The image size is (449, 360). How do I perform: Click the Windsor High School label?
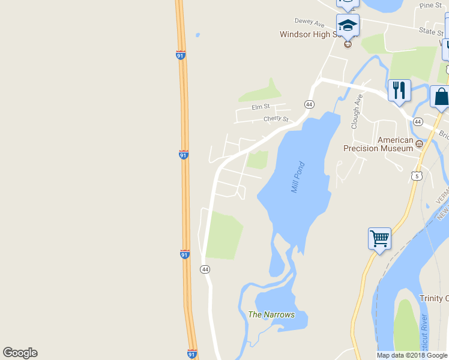(318, 34)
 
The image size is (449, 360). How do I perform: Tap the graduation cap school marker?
(348, 26)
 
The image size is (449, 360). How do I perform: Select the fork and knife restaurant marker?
(399, 91)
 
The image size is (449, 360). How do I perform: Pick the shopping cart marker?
(379, 239)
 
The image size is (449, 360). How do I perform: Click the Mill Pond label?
(298, 177)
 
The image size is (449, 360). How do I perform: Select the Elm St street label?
(261, 107)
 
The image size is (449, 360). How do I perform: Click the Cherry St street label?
(276, 119)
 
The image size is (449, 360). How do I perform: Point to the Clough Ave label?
(355, 112)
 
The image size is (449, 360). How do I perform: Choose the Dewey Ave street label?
(310, 22)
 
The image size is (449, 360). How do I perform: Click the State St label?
(430, 31)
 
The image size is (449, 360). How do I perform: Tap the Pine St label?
(430, 5)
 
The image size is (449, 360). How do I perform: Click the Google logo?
(20, 353)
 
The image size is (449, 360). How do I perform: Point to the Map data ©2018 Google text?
(411, 355)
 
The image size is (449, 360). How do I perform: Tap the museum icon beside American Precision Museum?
(419, 143)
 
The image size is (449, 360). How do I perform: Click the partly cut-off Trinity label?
(433, 298)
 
